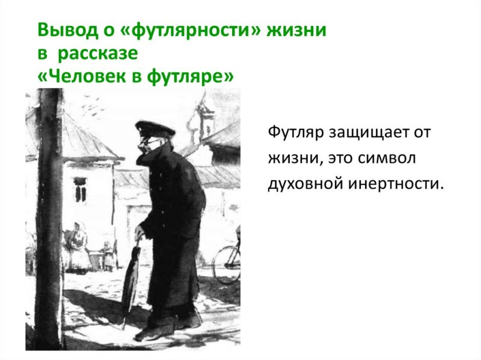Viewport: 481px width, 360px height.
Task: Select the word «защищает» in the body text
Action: pyautogui.click(x=367, y=133)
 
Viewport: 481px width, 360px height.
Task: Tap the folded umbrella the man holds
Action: pyautogui.click(x=130, y=282)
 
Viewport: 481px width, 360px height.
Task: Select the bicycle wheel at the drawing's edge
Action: pyautogui.click(x=228, y=264)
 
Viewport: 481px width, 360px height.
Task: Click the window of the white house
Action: pyautogui.click(x=80, y=189)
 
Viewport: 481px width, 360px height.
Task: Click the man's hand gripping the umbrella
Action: pyautogui.click(x=140, y=232)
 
